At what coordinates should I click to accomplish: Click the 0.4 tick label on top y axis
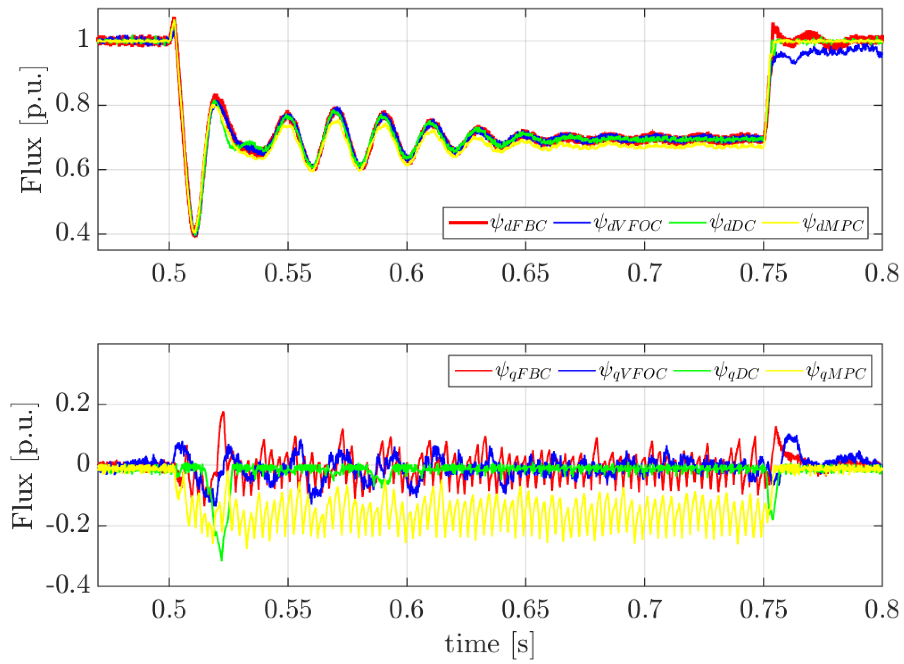73,233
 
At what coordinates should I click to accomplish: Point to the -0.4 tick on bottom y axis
68,585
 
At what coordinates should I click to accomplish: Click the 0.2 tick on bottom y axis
73,404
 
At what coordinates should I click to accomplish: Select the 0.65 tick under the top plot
525,273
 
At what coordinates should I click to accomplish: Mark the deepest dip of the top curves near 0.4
195,236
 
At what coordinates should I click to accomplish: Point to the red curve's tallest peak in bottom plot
223,412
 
